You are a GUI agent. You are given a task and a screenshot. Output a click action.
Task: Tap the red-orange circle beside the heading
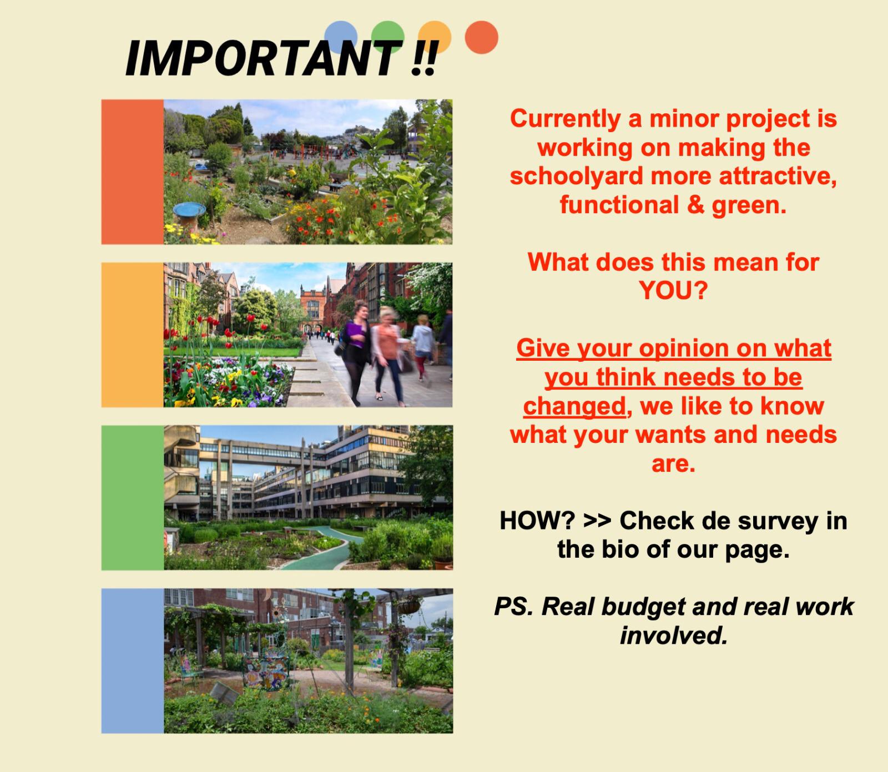click(x=481, y=37)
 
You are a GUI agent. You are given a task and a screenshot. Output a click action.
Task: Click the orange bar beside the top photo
click(x=133, y=172)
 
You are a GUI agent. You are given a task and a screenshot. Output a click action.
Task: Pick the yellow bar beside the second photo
click(x=133, y=335)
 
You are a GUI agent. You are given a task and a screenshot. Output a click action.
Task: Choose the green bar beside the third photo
click(x=133, y=498)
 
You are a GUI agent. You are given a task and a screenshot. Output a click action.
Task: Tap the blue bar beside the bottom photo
click(x=133, y=661)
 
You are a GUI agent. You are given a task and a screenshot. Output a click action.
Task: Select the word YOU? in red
click(x=673, y=290)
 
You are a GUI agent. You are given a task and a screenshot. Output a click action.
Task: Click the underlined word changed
click(x=574, y=407)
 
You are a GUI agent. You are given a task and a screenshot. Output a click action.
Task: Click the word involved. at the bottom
click(x=673, y=635)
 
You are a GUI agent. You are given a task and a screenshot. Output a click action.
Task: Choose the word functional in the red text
click(x=619, y=205)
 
